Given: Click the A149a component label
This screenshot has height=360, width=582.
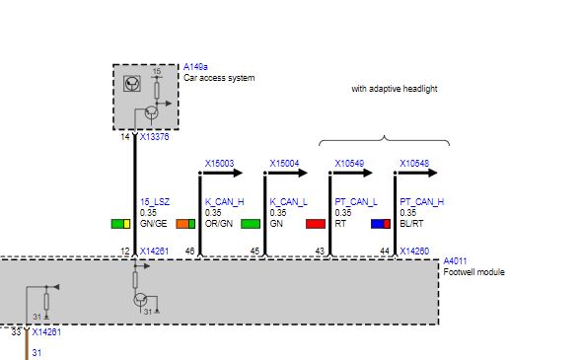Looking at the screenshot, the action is [x=195, y=67].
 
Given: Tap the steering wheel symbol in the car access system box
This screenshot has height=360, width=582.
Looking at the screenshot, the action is [x=132, y=83].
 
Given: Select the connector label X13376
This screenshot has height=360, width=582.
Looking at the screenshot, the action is [x=155, y=136].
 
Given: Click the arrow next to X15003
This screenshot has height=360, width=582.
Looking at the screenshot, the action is [x=221, y=173].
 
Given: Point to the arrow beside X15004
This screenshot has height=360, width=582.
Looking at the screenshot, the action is [x=286, y=173].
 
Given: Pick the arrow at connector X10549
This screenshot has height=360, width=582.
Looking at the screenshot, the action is [x=351, y=173].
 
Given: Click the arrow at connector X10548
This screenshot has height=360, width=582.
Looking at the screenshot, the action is [x=416, y=173].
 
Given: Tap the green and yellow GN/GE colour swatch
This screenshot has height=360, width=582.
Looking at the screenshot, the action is [x=120, y=224].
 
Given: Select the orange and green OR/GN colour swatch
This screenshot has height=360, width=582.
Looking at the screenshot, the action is [x=185, y=224].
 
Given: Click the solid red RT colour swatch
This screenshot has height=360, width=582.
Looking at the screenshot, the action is [x=316, y=224].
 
